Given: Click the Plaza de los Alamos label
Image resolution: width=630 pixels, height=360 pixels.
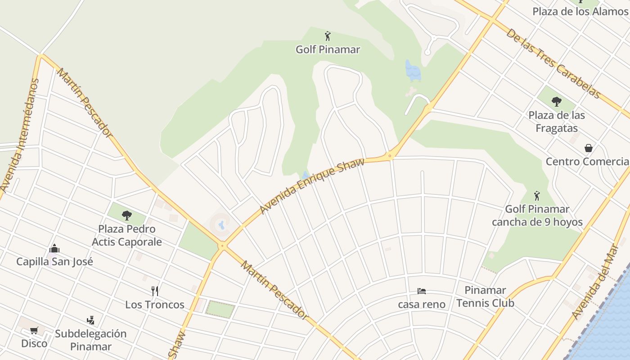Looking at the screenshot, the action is pyautogui.click(x=580, y=11).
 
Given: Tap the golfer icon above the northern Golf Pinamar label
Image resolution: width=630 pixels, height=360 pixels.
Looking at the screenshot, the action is pyautogui.click(x=328, y=36).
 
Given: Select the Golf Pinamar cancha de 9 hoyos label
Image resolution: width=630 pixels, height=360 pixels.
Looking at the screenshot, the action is pyautogui.click(x=537, y=216).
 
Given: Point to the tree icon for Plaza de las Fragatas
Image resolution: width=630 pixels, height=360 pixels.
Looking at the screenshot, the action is pyautogui.click(x=557, y=101).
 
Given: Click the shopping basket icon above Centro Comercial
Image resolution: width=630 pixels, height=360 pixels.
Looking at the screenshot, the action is pyautogui.click(x=588, y=148).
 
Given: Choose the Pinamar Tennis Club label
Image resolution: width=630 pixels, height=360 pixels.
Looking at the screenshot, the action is pyautogui.click(x=485, y=297).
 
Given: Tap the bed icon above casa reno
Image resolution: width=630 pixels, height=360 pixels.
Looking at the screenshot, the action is pyautogui.click(x=422, y=291).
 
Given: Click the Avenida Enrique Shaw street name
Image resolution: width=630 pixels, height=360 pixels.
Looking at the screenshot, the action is pyautogui.click(x=312, y=185).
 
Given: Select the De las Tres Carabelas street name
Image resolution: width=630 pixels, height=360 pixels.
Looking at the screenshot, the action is pyautogui.click(x=553, y=63).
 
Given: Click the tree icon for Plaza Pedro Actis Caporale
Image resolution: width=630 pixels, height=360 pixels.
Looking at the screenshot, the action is pyautogui.click(x=127, y=216).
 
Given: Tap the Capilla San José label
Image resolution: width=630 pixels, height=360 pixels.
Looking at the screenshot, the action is pyautogui.click(x=54, y=261).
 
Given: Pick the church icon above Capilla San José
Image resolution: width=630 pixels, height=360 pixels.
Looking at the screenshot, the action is pyautogui.click(x=54, y=248).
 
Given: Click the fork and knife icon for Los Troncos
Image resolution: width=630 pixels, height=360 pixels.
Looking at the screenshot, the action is pyautogui.click(x=155, y=291).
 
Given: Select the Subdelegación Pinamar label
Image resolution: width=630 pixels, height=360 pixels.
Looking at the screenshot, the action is pyautogui.click(x=90, y=340).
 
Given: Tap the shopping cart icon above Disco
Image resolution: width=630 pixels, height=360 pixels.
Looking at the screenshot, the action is pyautogui.click(x=34, y=331).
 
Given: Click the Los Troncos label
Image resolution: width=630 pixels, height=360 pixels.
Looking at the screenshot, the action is pyautogui.click(x=155, y=305).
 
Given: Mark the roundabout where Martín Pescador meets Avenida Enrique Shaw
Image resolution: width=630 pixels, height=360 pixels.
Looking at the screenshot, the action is pyautogui.click(x=222, y=246).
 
